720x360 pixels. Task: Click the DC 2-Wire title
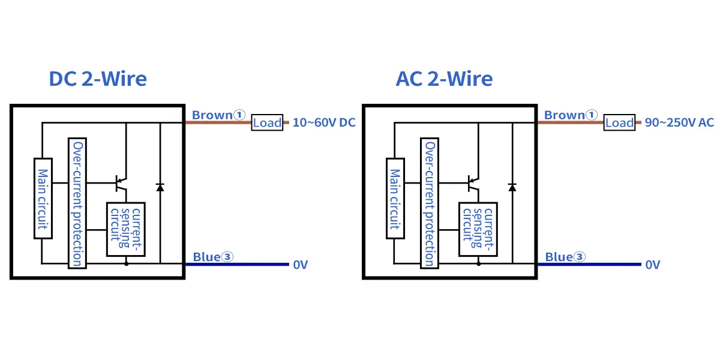point(98,79)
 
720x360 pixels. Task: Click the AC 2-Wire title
point(444,79)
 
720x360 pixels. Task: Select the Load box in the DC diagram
point(267,122)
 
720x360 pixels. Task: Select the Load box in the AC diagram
point(619,122)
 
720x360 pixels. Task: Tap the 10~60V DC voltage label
point(324,123)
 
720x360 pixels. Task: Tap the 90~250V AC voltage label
point(679,123)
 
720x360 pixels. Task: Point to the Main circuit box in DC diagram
point(43,199)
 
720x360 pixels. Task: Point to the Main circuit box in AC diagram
point(395,199)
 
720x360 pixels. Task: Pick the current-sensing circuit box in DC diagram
point(126,229)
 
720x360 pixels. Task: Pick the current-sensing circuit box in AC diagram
point(478,229)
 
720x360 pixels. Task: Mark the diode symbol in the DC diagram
point(160,187)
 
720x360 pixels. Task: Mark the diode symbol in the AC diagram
point(512,187)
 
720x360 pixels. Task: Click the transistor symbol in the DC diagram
point(121,182)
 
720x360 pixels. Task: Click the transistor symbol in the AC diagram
point(473,182)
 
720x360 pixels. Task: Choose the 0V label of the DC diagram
point(301,265)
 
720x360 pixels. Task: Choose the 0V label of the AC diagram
point(653,265)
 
